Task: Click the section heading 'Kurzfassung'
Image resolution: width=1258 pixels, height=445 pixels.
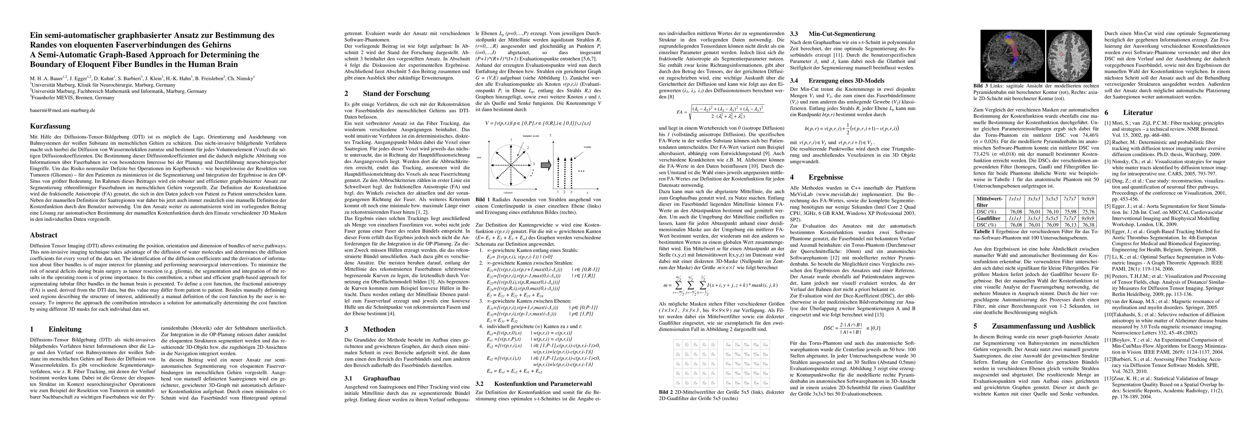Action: pyautogui.click(x=50, y=126)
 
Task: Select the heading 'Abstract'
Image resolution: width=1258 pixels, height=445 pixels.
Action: pyautogui.click(x=43, y=235)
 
